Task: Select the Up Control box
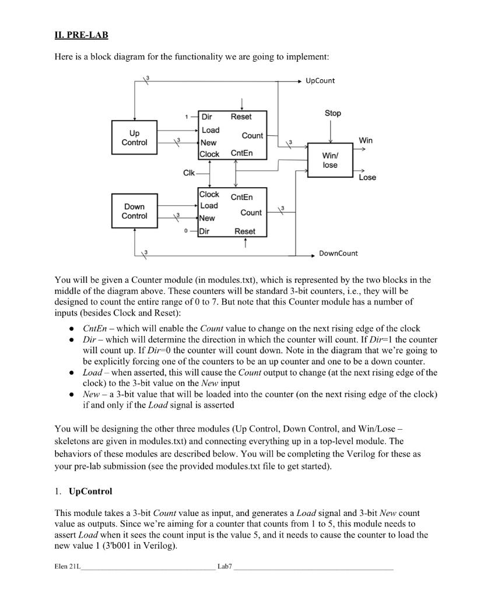click(134, 138)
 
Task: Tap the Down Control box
click(134, 211)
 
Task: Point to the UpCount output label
click(320, 80)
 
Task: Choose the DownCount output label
click(338, 253)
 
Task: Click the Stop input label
click(332, 113)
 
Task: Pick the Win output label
click(366, 141)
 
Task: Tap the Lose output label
click(367, 177)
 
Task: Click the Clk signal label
click(189, 173)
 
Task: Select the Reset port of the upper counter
click(241, 117)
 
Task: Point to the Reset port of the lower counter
click(244, 231)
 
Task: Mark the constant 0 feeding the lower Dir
click(185, 231)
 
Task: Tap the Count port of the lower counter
click(251, 213)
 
